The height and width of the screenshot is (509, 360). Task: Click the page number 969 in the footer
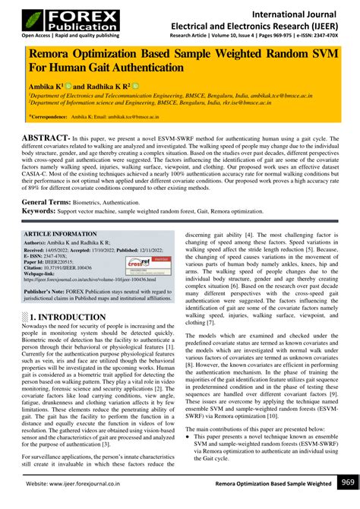click(347, 482)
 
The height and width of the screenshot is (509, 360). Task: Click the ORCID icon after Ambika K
click(68, 87)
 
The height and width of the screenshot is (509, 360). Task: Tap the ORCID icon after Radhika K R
click(136, 87)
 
